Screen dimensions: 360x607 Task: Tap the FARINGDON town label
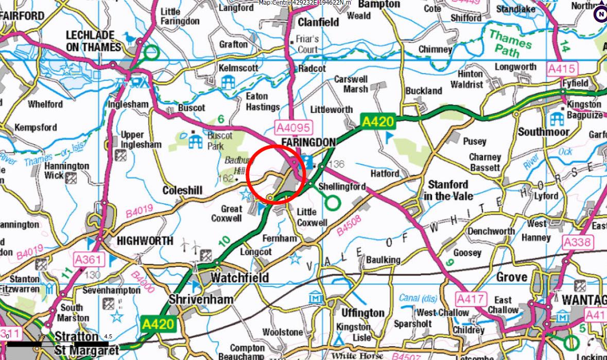point(308,142)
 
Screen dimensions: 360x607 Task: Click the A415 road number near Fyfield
point(562,68)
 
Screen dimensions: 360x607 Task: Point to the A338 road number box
point(578,242)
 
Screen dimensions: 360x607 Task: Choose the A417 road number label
point(471,299)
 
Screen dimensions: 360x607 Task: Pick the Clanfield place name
point(318,22)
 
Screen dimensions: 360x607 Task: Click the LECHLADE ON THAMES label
point(93,41)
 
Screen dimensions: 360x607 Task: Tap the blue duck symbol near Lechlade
point(129,38)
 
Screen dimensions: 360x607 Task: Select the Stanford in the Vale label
point(448,190)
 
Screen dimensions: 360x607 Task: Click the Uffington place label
point(363,313)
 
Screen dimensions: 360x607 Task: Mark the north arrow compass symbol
point(600,14)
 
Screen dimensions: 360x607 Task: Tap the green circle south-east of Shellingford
point(333,203)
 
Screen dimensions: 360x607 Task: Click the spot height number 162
point(226,179)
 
